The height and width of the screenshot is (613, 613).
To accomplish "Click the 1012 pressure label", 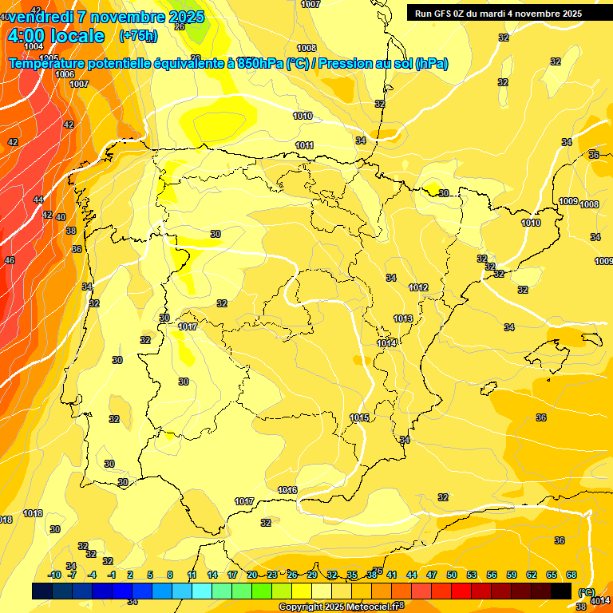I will pos(419,287).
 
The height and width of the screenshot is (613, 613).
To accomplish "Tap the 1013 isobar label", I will pos(403,318).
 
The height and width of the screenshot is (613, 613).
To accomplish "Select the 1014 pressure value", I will pos(387,343).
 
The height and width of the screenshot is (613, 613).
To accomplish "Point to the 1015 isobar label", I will pos(359,417).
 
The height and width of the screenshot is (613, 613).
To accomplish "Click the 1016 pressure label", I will pos(287,490).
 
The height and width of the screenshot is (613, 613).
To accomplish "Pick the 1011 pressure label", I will pos(304,145).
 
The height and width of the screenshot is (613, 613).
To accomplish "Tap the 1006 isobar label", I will pos(65,74).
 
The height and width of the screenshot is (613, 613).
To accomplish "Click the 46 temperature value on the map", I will pos(10,260).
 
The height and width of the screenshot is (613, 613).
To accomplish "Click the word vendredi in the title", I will pos(40,17).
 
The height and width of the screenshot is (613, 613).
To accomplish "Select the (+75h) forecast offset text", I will pos(138,36).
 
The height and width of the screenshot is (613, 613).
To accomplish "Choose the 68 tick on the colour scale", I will pos(571,575).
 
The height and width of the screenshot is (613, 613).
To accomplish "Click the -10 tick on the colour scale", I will pos(54,575).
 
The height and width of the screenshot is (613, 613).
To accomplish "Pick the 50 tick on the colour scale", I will pos(452,575).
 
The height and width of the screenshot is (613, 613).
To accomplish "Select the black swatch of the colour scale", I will pos(561,591).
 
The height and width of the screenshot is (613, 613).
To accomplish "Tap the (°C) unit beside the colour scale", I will pos(586,591).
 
